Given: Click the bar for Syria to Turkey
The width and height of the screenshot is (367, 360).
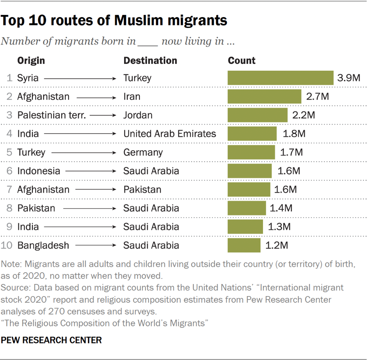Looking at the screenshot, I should point(280,78).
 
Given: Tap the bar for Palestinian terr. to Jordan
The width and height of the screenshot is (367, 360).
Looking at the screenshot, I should point(257,115).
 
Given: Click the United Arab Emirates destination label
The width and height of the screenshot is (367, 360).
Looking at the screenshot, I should point(170,134).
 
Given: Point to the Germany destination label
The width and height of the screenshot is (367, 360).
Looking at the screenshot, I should point(143,152).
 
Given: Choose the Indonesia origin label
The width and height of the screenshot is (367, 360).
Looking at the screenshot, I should point(38,171).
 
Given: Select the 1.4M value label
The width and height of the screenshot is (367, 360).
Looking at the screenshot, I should point(281,208).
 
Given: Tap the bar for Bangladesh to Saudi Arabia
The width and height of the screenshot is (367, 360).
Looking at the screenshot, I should point(244,245).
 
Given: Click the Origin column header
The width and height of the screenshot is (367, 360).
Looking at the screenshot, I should point(31,60).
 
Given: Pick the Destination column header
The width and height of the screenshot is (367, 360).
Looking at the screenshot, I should point(150,60).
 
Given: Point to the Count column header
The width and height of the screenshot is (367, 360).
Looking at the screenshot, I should point(242,60).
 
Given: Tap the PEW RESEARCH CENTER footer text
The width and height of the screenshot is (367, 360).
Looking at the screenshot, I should point(52,339).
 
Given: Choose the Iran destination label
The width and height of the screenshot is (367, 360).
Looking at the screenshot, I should point(132,97).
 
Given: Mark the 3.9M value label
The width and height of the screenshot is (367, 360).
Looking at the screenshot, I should point(349,78).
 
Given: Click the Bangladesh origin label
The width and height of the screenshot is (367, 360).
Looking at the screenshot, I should point(43,245).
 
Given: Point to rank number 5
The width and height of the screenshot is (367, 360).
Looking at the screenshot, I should point(10,152).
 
